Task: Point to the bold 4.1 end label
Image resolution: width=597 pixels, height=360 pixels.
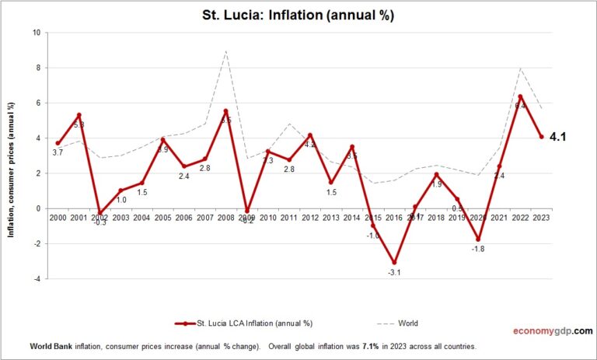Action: point(557,137)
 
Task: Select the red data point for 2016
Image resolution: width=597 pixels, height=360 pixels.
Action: point(394,263)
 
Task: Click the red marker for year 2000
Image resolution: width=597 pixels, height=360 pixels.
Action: point(58,143)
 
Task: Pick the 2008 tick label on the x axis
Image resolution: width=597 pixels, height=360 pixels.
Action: point(225,217)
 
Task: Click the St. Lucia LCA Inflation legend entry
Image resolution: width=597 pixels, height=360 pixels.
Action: point(248,322)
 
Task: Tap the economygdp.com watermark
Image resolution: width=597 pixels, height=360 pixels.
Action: point(551,330)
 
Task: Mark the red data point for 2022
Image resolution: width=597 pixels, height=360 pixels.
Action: point(520,96)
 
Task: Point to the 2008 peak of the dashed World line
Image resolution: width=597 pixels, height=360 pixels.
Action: point(225,51)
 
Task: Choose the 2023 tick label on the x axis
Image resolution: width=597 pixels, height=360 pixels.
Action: point(541,217)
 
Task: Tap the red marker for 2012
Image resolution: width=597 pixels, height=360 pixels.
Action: point(310,135)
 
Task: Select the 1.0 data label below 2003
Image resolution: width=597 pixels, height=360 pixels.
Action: point(121,200)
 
